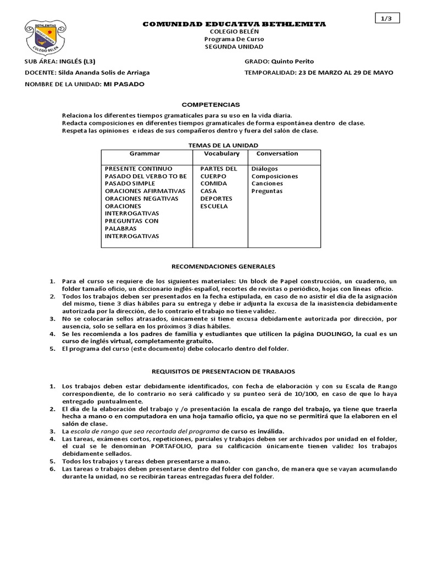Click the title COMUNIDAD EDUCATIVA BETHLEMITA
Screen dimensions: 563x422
pyautogui.click(x=234, y=25)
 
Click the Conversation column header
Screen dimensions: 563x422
pyautogui.click(x=277, y=154)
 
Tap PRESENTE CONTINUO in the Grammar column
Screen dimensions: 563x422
pyautogui.click(x=138, y=168)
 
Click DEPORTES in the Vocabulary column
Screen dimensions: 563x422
pyautogui.click(x=216, y=198)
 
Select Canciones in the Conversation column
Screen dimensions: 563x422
pyautogui.click(x=267, y=184)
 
